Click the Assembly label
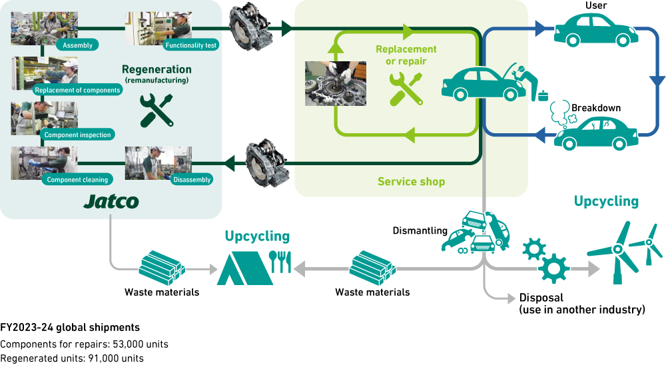(77, 45)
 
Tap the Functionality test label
(192, 45)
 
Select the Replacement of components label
(77, 90)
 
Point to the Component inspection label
(77, 135)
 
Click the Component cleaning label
(77, 179)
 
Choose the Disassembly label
(192, 179)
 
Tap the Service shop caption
(411, 181)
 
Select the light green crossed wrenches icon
(405, 89)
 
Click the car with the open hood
(481, 85)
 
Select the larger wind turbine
(615, 252)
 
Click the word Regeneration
(157, 69)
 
